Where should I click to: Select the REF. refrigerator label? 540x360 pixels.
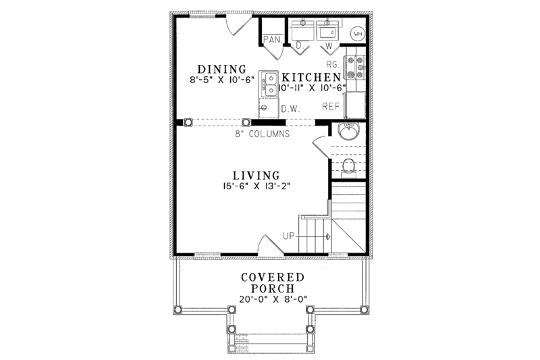tap(331, 106)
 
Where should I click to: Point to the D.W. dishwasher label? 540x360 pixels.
tap(290, 108)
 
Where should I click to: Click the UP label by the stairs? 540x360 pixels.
tap(288, 236)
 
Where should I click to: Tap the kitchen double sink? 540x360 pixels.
tap(269, 83)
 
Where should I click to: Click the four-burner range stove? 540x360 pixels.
tap(356, 68)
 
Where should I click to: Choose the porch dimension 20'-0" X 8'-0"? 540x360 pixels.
tap(272, 299)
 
